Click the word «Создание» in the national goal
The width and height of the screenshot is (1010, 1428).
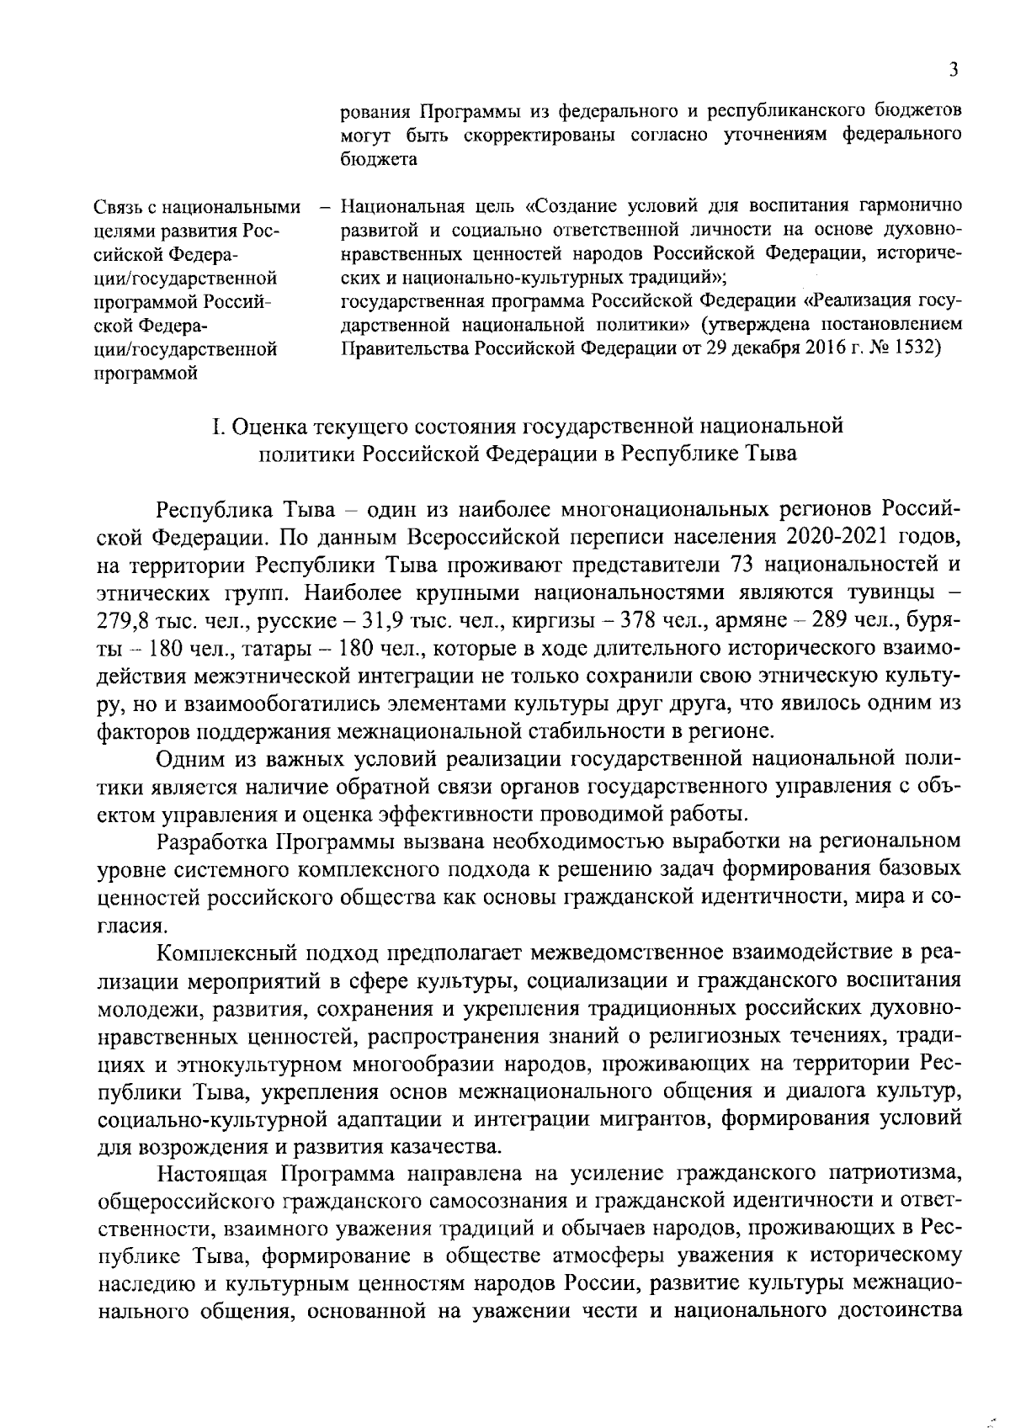[576, 206]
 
